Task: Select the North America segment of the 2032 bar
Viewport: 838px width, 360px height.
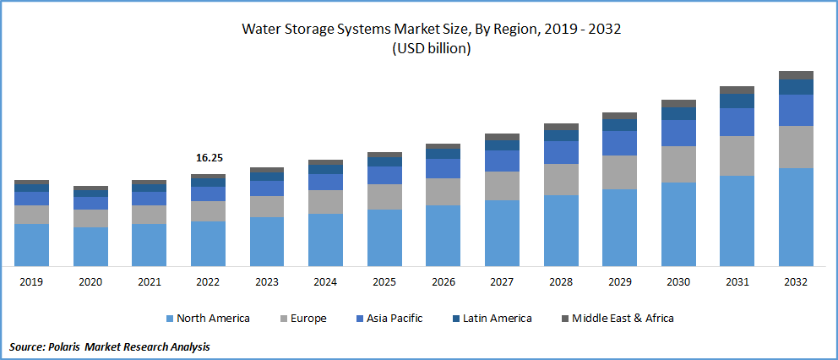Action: [x=796, y=216]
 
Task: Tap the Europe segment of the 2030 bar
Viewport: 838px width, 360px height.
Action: [x=678, y=164]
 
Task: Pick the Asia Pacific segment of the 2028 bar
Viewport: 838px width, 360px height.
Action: [x=561, y=152]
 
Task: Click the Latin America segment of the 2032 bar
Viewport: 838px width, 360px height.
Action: [x=796, y=86]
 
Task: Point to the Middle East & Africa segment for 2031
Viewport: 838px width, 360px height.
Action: [x=737, y=90]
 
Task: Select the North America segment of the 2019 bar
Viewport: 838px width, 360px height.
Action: [x=31, y=244]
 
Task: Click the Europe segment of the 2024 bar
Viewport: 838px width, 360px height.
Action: [x=325, y=202]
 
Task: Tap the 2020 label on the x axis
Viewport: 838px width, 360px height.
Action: [x=90, y=281]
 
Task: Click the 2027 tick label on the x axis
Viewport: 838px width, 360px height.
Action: [x=502, y=281]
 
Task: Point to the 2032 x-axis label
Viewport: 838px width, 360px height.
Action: [x=796, y=281]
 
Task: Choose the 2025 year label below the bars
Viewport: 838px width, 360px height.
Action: [x=384, y=281]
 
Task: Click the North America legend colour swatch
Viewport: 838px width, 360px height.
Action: [x=170, y=319]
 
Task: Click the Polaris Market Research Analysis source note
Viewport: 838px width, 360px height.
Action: [x=110, y=346]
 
